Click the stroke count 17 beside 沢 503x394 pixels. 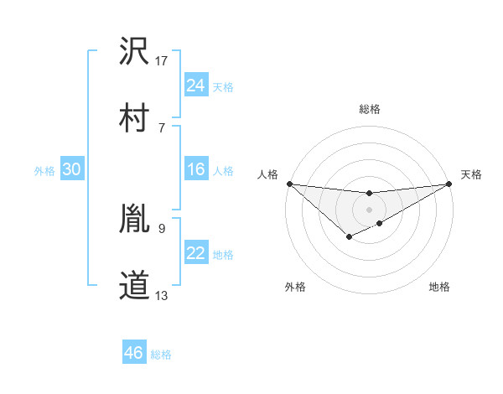[162, 61]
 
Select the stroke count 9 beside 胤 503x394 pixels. [162, 228]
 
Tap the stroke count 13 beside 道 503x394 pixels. [162, 295]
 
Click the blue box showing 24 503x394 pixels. [196, 85]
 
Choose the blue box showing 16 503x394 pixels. [196, 169]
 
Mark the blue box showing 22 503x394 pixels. [196, 253]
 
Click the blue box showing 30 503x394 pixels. [71, 169]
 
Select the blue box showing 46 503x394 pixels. [133, 353]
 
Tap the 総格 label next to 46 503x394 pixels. [161, 355]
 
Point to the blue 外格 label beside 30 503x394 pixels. [44, 171]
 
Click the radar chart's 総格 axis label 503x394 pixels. [369, 109]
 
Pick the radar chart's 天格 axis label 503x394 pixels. [471, 174]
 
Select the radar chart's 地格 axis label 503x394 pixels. [439, 287]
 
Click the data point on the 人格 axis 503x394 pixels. [289, 184]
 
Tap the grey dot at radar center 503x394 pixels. [369, 208]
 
